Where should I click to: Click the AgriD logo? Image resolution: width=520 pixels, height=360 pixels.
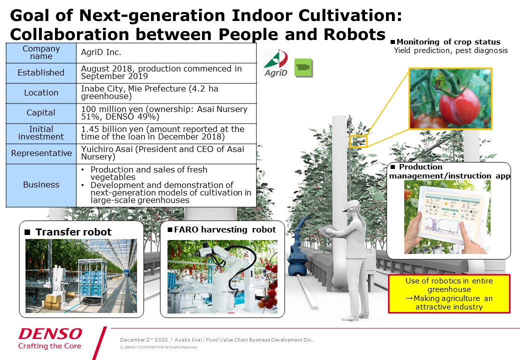click(276, 63)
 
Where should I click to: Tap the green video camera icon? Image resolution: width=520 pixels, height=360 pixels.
click(303, 67)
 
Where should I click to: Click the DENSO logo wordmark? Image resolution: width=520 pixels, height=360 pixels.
click(50, 334)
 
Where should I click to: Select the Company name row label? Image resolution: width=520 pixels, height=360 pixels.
click(41, 52)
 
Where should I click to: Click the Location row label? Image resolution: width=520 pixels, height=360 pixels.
click(41, 93)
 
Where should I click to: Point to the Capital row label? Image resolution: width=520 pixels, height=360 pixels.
click(41, 113)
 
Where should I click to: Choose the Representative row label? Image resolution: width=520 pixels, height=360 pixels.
click(41, 153)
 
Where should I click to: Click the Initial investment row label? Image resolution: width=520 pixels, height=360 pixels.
click(41, 133)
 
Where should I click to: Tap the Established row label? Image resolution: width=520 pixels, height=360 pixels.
click(41, 72)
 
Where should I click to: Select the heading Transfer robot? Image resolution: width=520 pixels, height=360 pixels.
click(73, 232)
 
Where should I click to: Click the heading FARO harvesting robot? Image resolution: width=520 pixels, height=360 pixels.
click(225, 229)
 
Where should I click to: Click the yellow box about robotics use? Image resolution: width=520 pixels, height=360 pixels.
click(449, 293)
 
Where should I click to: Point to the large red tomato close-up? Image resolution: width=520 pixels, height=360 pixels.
click(459, 106)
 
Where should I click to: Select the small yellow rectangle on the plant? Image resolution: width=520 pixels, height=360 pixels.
click(358, 141)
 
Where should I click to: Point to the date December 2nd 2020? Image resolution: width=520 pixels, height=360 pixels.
click(144, 340)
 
